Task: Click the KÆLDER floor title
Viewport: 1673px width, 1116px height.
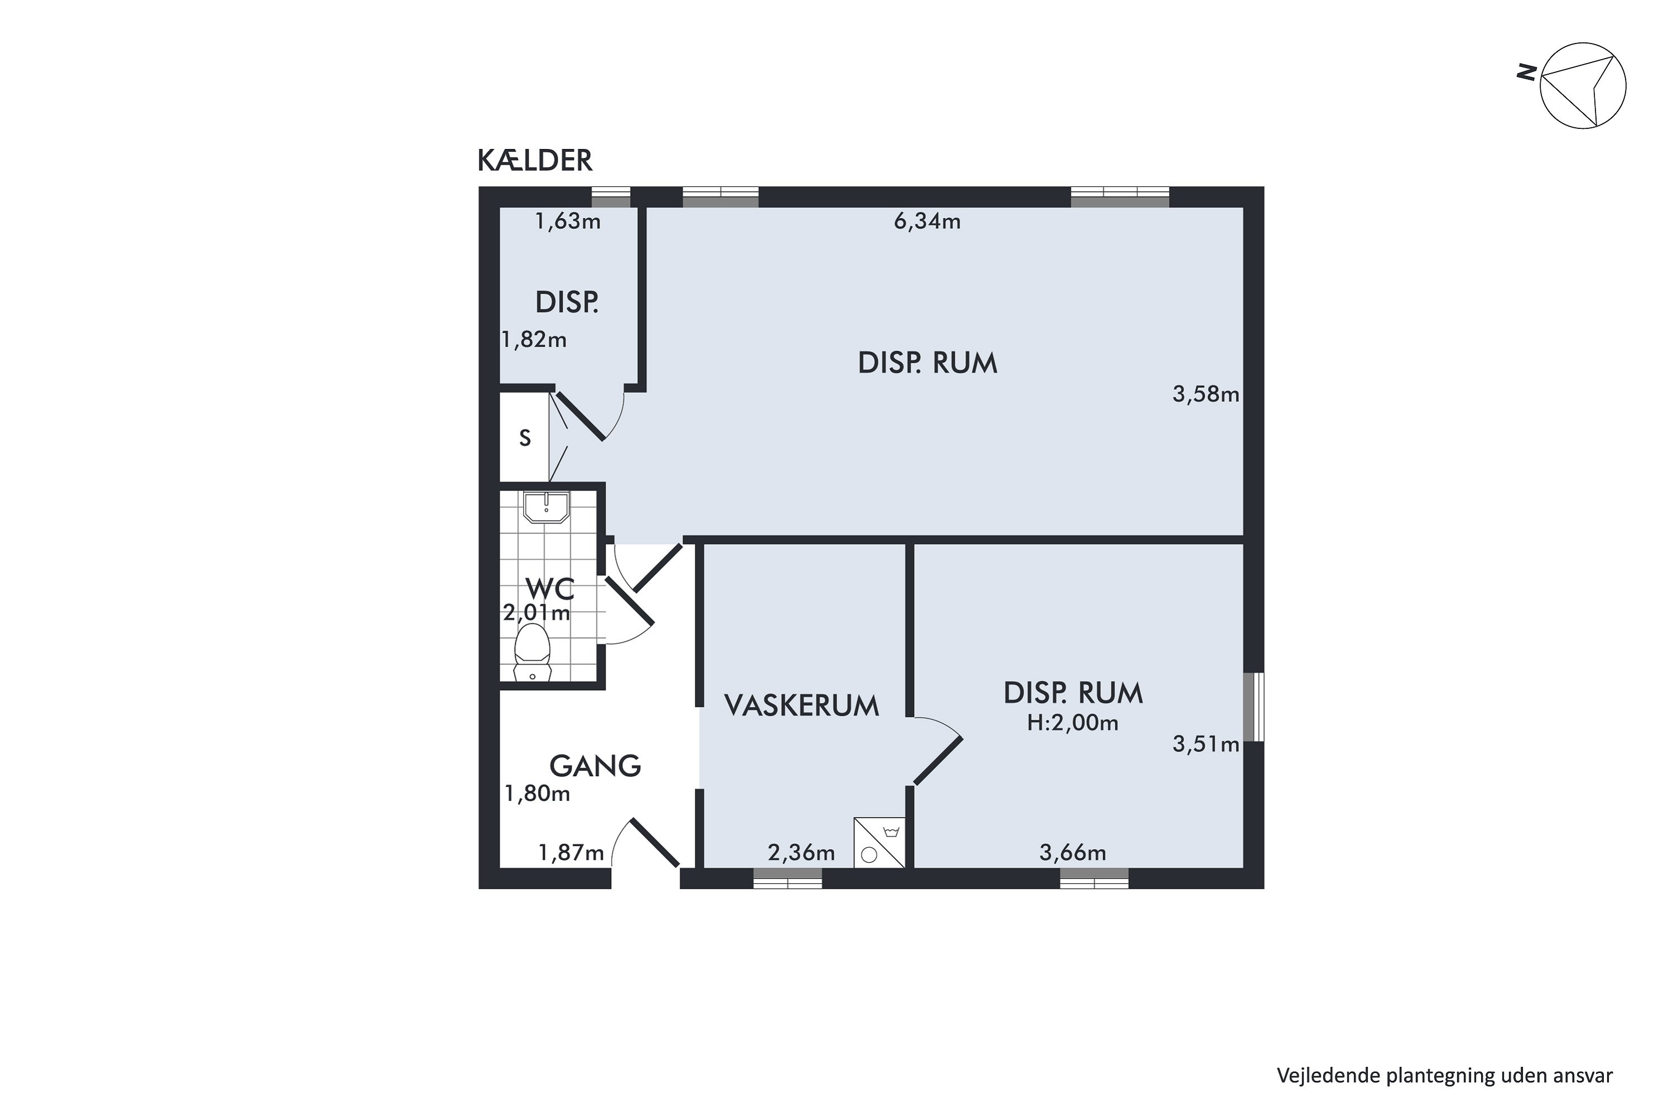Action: coord(535,161)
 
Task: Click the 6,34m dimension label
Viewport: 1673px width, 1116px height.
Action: coord(927,222)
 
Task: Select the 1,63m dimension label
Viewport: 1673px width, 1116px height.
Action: coord(568,222)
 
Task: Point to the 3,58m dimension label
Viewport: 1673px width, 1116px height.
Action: coord(1206,395)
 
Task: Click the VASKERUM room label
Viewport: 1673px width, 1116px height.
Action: coord(802,705)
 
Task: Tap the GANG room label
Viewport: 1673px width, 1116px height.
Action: coord(596,766)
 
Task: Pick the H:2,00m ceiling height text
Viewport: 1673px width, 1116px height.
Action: coord(1072,723)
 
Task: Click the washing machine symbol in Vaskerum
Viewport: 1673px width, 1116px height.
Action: coord(879,843)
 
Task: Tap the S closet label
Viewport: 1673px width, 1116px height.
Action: coord(525,437)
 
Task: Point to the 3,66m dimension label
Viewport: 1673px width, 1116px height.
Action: coord(1072,853)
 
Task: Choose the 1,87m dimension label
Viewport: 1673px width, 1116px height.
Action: coord(571,853)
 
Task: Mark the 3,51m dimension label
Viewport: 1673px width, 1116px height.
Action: coord(1206,745)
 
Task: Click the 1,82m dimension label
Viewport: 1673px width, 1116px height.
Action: coord(534,340)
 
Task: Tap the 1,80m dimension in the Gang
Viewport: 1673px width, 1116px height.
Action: coord(537,793)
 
